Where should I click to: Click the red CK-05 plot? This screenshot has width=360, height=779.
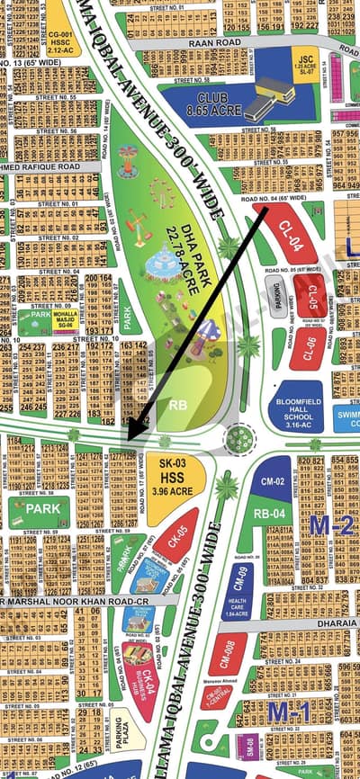tap(181, 541)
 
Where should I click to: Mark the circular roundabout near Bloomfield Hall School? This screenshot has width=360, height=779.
tap(240, 438)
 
